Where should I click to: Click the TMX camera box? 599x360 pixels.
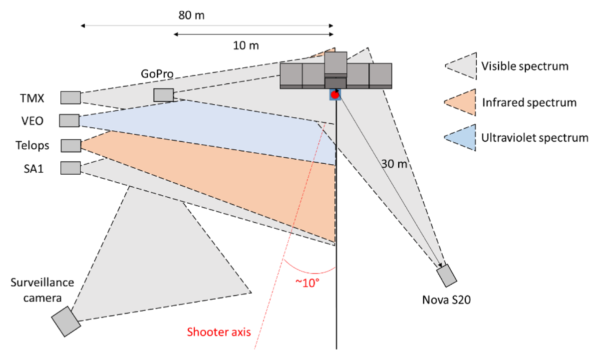70,98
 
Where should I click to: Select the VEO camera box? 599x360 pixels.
69,121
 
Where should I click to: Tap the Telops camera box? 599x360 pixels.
71,146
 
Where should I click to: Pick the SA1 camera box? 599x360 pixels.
70,168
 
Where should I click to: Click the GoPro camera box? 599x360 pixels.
164,95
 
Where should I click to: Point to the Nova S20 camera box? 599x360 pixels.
447,276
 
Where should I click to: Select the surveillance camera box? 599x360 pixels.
66,322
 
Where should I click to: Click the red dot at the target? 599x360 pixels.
335,95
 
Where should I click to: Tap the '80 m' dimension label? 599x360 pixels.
192,15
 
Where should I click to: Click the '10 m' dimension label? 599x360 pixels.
246,46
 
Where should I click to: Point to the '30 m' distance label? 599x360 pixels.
394,164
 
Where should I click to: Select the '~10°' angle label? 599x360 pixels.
307,283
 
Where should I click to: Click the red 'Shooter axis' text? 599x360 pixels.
219,332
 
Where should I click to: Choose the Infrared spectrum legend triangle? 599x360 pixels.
460,102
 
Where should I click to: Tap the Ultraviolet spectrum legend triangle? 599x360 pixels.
460,138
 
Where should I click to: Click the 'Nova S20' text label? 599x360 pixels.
446,300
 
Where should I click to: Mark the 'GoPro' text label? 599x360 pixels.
157,74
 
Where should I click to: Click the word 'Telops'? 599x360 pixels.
32,146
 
